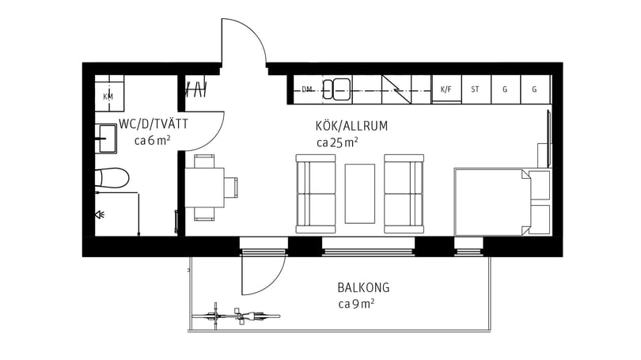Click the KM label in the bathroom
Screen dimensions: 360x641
tap(108, 97)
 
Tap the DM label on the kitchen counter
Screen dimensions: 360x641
tap(307, 89)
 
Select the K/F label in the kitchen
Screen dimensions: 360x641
tap(446, 89)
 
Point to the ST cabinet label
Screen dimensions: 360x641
tap(475, 89)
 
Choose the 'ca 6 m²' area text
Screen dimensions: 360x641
tap(153, 141)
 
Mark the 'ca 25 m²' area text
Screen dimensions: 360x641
tap(337, 142)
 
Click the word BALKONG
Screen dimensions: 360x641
tap(362, 288)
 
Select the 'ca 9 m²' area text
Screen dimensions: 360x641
tap(356, 304)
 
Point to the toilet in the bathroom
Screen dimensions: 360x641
tap(112, 177)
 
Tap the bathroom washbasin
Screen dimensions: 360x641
tap(106, 138)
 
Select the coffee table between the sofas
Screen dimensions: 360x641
tap(361, 194)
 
